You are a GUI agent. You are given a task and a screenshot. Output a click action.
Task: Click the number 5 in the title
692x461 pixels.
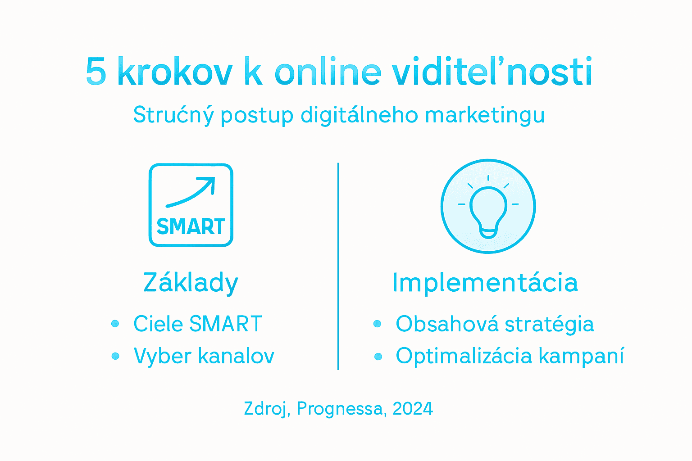(96, 72)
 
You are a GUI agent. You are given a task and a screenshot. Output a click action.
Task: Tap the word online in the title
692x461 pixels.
(328, 72)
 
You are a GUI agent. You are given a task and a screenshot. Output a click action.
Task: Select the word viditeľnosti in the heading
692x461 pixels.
(492, 72)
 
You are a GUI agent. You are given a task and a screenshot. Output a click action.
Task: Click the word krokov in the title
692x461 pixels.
(175, 72)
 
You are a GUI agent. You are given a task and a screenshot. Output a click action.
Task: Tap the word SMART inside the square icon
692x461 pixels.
(191, 226)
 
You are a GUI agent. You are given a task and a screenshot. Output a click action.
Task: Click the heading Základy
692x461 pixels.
(191, 283)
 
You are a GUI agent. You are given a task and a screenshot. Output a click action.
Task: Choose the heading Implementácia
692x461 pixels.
(485, 283)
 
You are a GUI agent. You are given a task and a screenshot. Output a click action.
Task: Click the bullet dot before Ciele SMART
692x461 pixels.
(115, 324)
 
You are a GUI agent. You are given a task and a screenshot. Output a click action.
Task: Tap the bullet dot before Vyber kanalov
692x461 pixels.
(115, 357)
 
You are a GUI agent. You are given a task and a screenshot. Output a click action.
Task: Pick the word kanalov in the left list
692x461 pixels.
(236, 356)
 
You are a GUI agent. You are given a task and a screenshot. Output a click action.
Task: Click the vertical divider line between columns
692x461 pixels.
(338, 266)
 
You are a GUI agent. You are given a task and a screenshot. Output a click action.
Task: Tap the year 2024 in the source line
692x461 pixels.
(413, 409)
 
